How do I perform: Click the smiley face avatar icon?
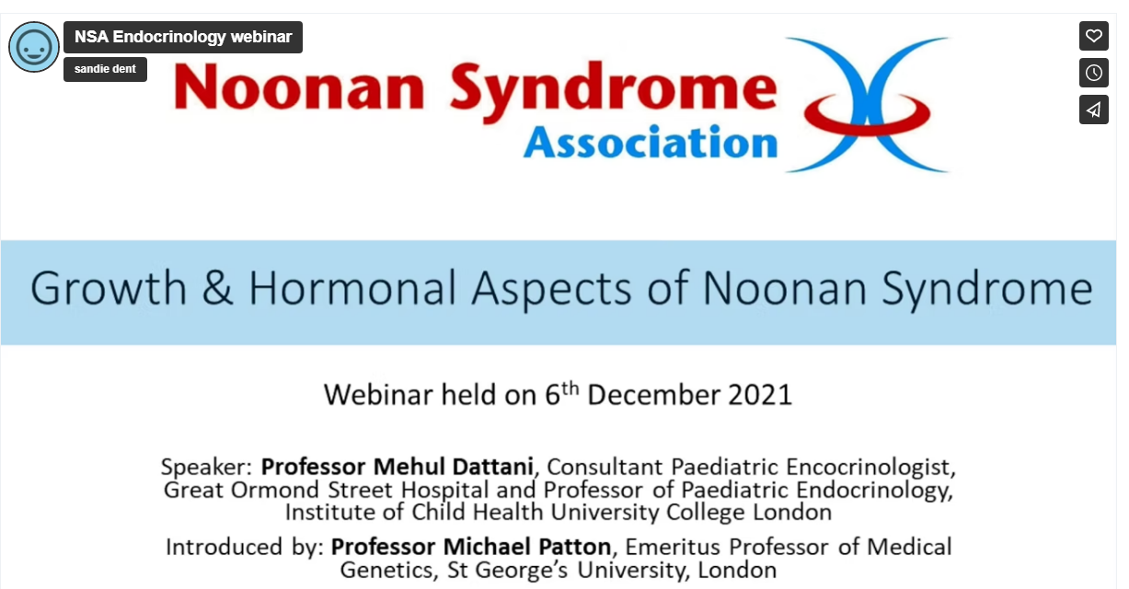coord(34,47)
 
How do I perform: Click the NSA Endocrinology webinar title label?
coord(183,37)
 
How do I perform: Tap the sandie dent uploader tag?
coord(105,69)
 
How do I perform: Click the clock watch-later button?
coord(1093,73)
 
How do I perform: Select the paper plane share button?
coord(1093,110)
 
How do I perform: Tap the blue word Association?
coord(651,143)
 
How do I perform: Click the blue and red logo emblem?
coord(867,104)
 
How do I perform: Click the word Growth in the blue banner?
coord(109,289)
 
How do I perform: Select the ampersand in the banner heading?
coord(216,289)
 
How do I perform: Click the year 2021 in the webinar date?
coord(760,395)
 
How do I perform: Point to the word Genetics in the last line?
coord(390,570)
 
